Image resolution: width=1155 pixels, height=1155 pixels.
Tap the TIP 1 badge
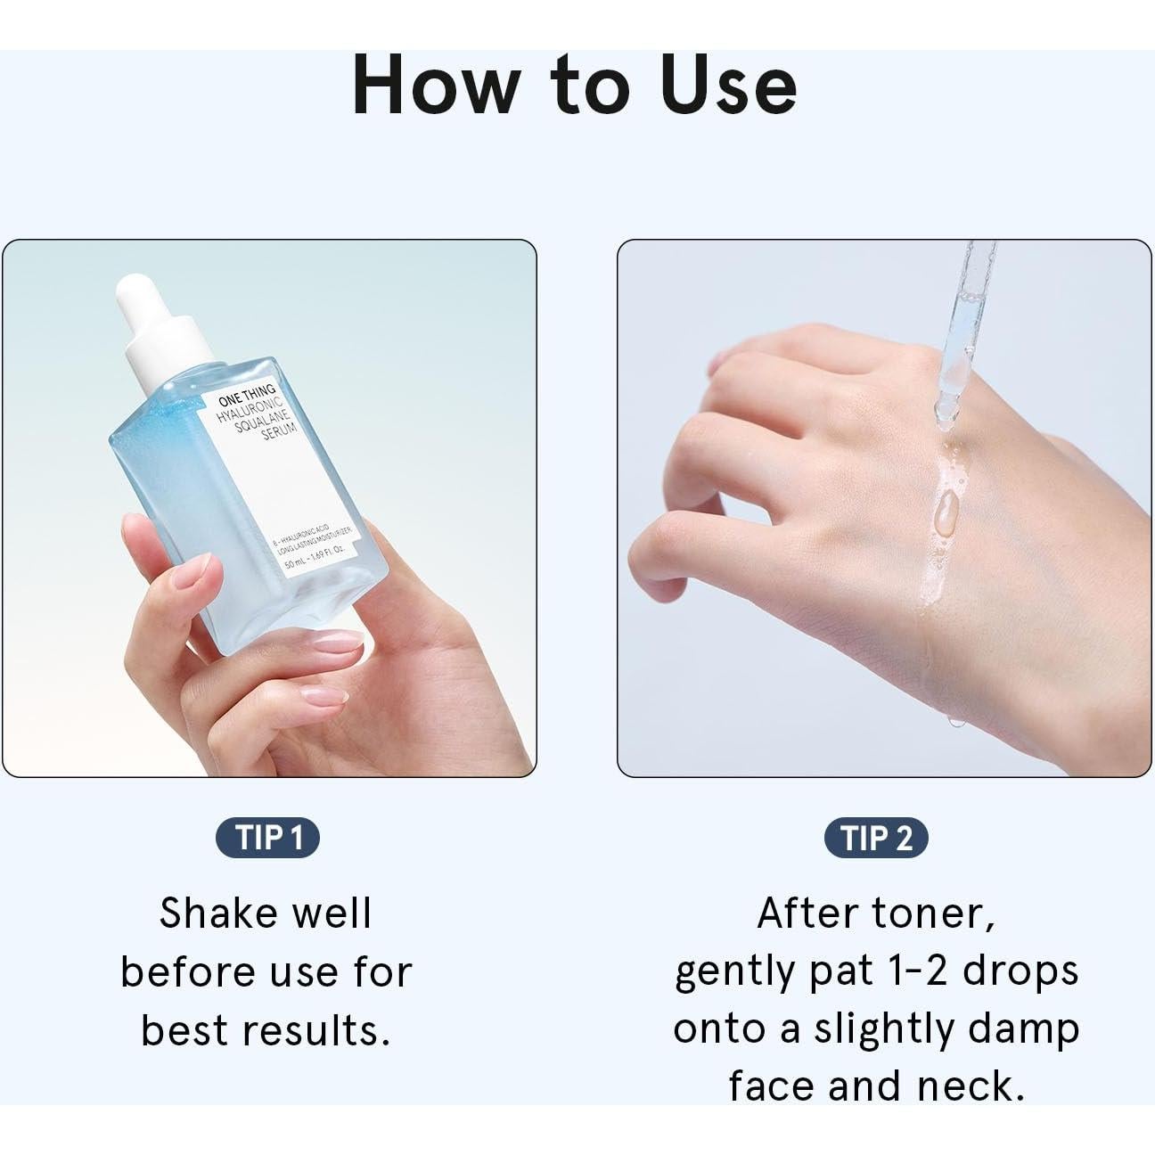pyautogui.click(x=266, y=839)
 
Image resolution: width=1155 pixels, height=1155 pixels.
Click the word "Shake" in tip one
pyautogui.click(x=214, y=913)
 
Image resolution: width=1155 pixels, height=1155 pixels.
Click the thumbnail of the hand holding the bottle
pyautogui.click(x=269, y=508)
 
